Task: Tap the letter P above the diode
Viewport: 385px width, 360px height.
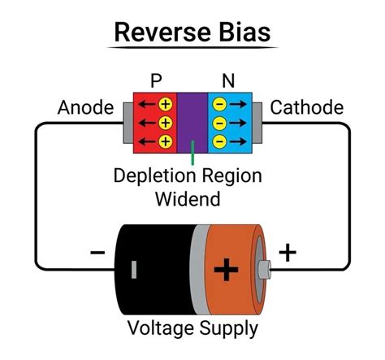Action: point(156,82)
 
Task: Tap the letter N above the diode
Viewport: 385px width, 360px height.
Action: point(228,82)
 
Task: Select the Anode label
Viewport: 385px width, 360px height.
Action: point(84,108)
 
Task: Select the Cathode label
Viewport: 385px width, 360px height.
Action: point(306,108)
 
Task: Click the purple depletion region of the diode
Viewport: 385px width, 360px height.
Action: point(192,122)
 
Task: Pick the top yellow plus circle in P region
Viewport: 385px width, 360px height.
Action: point(165,105)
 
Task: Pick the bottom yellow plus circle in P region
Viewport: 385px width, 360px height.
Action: point(165,141)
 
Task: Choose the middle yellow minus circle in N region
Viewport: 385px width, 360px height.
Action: point(218,124)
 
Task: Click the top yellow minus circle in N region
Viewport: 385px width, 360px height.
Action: point(218,105)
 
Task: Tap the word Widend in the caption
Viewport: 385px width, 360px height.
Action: point(192,197)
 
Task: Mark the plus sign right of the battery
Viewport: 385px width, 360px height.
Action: point(288,253)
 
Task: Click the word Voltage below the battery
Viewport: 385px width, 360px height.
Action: point(161,329)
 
